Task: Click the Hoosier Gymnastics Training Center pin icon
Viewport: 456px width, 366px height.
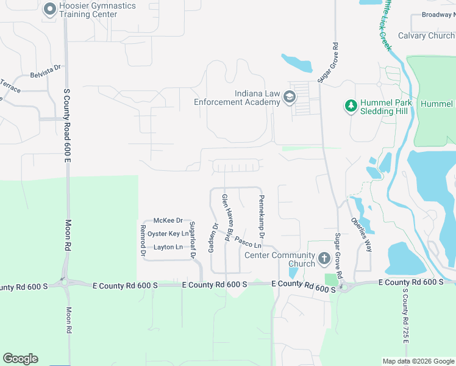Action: point(49,9)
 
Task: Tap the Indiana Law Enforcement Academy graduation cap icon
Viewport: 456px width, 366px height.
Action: point(290,98)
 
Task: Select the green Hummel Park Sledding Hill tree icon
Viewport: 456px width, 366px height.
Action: point(351,107)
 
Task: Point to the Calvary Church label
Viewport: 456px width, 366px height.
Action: point(426,36)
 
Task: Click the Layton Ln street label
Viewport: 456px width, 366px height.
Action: point(168,247)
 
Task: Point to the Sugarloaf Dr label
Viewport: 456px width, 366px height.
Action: point(192,240)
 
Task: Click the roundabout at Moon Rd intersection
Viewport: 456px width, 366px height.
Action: point(64,282)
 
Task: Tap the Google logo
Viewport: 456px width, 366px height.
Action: point(20,359)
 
